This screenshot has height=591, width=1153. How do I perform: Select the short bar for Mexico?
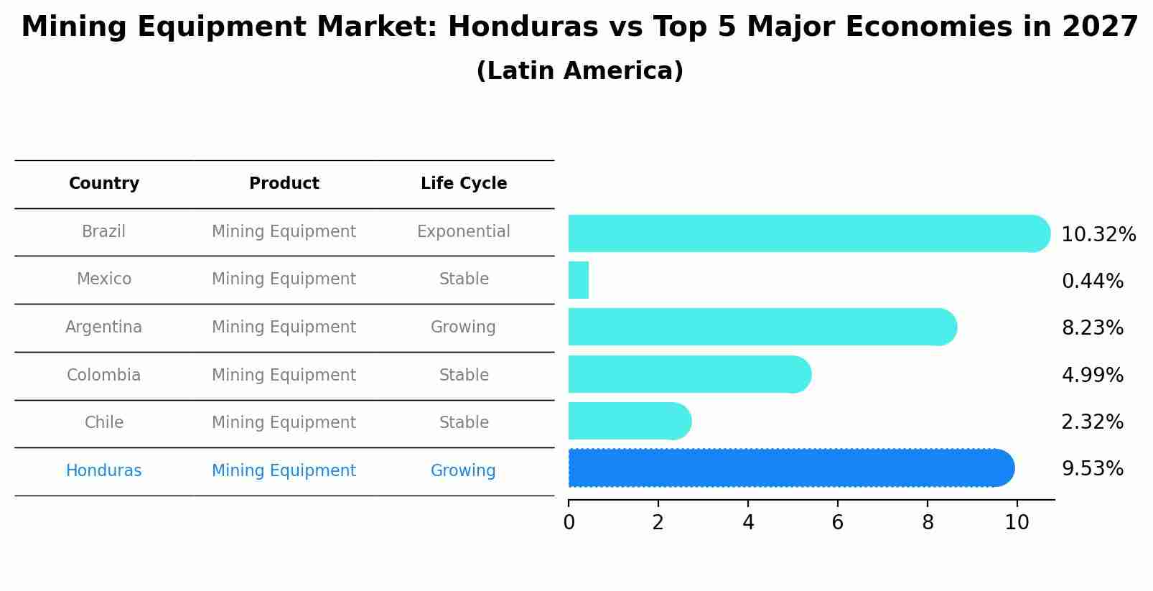point(579,280)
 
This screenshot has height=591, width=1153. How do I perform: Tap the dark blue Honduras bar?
point(790,468)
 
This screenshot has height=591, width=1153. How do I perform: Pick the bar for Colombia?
point(689,374)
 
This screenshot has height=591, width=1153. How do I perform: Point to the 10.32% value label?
point(1098,235)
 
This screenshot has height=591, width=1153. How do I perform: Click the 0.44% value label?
point(1092,281)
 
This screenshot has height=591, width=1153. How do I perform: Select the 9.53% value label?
point(1092,469)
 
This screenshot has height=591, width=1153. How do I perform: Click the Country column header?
point(104,184)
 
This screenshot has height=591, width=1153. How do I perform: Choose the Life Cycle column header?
point(464,184)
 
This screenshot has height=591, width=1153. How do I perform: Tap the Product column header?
point(284,184)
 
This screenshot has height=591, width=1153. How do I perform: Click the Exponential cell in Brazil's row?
point(464,232)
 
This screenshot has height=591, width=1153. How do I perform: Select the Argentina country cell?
point(104,327)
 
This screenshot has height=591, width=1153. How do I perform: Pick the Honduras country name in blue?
point(104,471)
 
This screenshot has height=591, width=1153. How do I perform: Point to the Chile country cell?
point(104,423)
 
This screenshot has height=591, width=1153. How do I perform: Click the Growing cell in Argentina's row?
point(464,327)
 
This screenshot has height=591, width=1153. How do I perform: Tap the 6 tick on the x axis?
point(837,523)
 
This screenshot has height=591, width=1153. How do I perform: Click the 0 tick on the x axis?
point(569,523)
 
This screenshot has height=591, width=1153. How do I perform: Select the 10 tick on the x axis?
point(1017,523)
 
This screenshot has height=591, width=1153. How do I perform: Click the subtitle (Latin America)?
point(579,71)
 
